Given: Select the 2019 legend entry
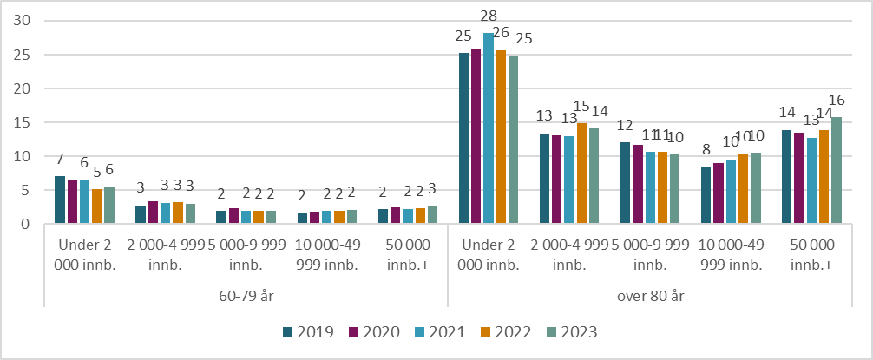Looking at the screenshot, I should click(x=311, y=331).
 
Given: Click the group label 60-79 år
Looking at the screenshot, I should click(x=246, y=296).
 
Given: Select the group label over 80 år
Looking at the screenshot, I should click(x=649, y=296).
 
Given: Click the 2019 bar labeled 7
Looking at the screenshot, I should click(x=60, y=200).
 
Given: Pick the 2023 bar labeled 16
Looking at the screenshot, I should click(x=836, y=171).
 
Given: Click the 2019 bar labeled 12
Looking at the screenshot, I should click(x=625, y=183).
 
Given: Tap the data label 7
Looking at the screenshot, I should click(x=59, y=160).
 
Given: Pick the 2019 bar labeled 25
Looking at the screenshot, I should click(x=464, y=139).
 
